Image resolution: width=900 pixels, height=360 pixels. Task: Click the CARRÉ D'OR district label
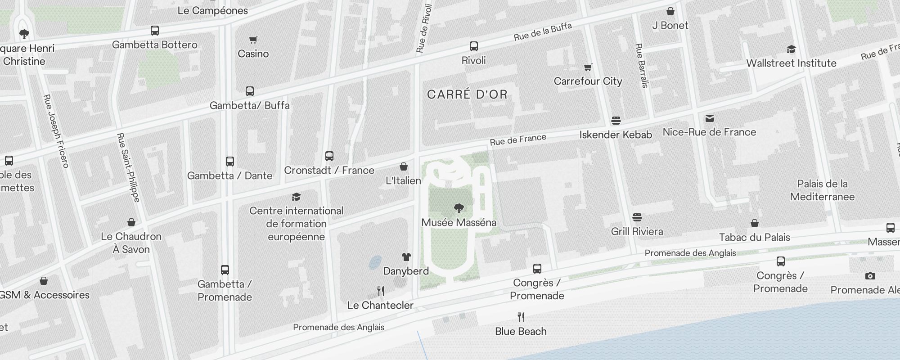tap(467, 94)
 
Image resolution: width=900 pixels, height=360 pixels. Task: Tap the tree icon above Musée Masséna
tap(459, 208)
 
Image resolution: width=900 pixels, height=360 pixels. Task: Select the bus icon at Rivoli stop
tap(473, 46)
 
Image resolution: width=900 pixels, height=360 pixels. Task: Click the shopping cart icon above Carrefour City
tap(588, 67)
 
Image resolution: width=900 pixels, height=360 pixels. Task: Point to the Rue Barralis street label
tap(642, 65)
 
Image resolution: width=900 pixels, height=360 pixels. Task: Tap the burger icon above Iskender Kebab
tap(616, 121)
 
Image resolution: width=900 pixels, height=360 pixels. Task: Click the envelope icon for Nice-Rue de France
tap(710, 118)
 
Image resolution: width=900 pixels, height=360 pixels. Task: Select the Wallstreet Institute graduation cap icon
tap(791, 49)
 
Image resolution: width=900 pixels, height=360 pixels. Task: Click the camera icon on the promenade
tap(870, 276)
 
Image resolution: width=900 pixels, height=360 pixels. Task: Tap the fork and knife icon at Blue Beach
tap(521, 317)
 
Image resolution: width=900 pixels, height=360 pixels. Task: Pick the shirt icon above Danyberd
tap(406, 257)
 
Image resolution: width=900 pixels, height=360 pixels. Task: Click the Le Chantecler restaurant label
tap(380, 305)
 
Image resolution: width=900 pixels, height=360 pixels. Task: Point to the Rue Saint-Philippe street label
tap(128, 167)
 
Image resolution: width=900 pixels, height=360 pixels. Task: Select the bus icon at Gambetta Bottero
tap(155, 31)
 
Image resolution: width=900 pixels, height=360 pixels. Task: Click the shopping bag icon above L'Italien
tap(404, 166)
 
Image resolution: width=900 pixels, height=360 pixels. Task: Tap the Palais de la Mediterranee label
tap(822, 190)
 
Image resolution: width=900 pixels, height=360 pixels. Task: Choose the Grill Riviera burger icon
tap(637, 218)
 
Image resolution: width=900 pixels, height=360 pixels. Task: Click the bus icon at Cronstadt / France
tap(329, 156)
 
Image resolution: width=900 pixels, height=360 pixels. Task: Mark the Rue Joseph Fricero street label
tap(56, 131)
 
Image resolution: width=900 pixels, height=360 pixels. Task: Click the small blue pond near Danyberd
tap(375, 262)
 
